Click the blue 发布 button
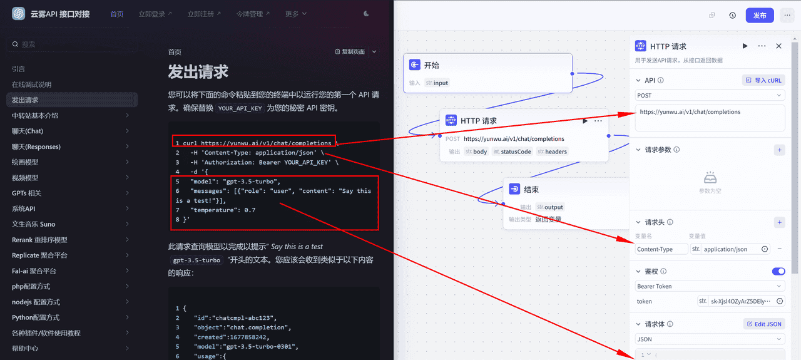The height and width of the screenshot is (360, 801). [760, 16]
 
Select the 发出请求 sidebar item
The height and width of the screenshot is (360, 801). [25, 100]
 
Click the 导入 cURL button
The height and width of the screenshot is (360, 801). [763, 80]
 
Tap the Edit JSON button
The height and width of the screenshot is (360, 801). [764, 324]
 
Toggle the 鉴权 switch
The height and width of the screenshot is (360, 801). [778, 272]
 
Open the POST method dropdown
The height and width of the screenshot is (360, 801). [710, 96]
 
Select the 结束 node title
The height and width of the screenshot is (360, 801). [531, 189]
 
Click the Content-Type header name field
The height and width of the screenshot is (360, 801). [660, 249]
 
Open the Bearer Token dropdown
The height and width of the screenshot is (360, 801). [710, 286]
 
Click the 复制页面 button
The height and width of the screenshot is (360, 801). [350, 52]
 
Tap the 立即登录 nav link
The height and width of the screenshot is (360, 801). [155, 14]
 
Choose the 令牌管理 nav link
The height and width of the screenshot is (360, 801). [253, 14]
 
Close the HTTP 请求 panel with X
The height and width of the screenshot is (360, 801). [778, 46]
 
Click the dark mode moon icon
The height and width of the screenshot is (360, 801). [366, 14]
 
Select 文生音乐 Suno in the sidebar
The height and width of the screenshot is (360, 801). [34, 224]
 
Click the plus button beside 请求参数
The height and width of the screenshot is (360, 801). [779, 150]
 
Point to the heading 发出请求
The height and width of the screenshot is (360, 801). [198, 72]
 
